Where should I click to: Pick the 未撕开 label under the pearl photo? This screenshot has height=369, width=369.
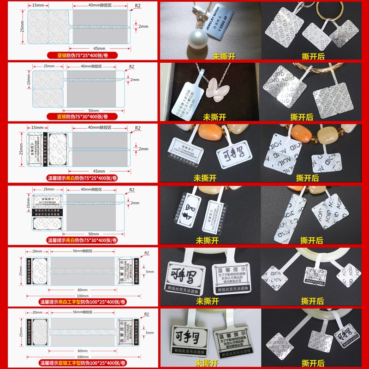click(x=224, y=57)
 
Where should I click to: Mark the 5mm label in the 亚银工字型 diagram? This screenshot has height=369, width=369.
click(x=150, y=332)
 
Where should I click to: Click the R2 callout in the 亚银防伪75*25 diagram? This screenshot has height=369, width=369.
click(x=137, y=6)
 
